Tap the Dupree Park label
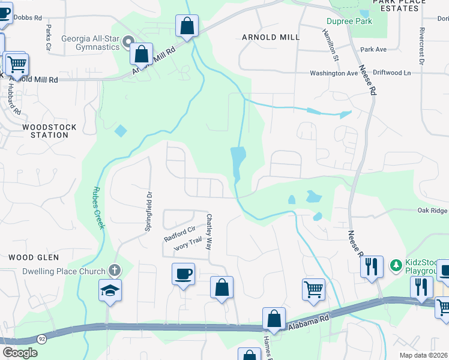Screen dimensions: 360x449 pyautogui.click(x=349, y=22)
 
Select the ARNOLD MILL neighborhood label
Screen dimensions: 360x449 pyautogui.click(x=270, y=37)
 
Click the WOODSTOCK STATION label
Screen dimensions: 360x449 pyautogui.click(x=45, y=131)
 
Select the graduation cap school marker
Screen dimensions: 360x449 pyautogui.click(x=110, y=290)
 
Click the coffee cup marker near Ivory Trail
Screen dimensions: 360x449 pyautogui.click(x=183, y=274)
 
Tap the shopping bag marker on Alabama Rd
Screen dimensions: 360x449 pyautogui.click(x=274, y=318)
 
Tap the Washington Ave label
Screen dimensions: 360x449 pyautogui.click(x=333, y=73)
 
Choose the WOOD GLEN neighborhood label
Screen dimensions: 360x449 pyautogui.click(x=34, y=257)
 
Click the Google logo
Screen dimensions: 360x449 pyautogui.click(x=20, y=353)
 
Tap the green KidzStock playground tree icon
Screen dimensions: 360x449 pyautogui.click(x=396, y=265)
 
